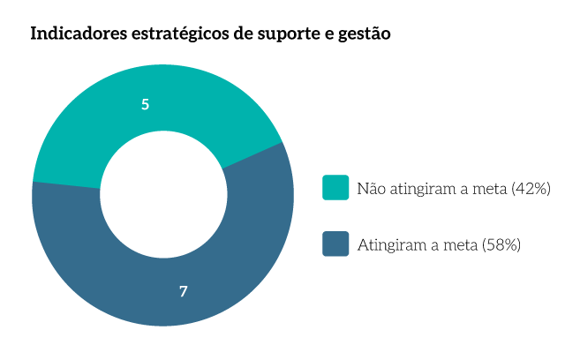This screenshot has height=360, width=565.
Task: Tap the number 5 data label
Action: tap(145, 104)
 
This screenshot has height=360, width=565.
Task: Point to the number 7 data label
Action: tap(183, 290)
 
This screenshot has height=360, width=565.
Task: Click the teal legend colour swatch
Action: tap(335, 187)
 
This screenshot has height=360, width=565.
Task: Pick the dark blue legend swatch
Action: tap(335, 244)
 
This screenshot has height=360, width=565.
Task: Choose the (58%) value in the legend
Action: tap(501, 244)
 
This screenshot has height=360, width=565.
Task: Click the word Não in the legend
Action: tap(371, 188)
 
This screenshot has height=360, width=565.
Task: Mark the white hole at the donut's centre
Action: tap(162, 195)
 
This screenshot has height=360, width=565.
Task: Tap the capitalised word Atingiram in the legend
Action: tap(388, 244)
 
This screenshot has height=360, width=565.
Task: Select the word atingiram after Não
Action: tap(421, 188)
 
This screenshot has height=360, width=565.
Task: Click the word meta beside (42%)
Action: tap(487, 188)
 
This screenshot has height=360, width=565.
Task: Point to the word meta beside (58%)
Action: tap(457, 244)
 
